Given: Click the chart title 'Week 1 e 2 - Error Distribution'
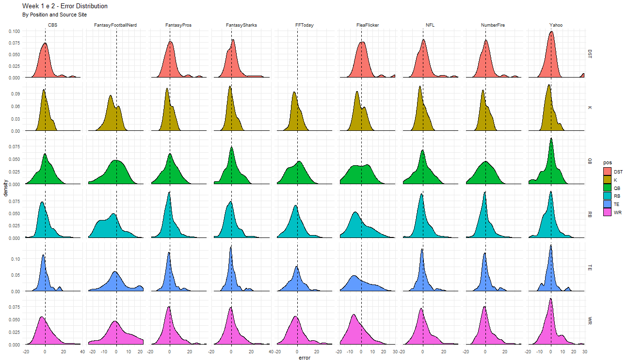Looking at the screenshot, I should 65,6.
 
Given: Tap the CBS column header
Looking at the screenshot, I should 53,25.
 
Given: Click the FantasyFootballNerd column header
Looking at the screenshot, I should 115,25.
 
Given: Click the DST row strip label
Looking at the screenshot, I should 590,53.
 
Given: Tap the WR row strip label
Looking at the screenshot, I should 590,321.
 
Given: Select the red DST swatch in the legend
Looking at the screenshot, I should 608,172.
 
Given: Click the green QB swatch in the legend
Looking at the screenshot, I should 608,188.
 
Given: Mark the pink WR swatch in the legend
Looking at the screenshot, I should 608,212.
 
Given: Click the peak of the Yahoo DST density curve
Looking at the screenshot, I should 551,32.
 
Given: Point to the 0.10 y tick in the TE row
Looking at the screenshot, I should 16,259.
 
